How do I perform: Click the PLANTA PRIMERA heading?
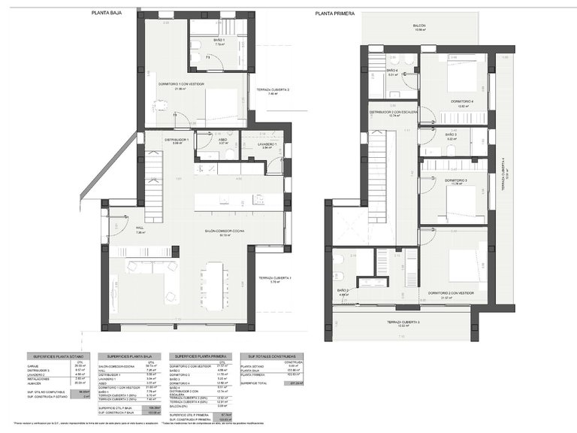pos(335,13)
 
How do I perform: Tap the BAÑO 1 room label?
pos(219,40)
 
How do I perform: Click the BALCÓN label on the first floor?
pos(419,26)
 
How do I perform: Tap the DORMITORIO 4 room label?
pos(462,101)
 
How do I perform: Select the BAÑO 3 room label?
pos(452,135)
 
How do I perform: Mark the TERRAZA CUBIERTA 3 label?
pos(403,322)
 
